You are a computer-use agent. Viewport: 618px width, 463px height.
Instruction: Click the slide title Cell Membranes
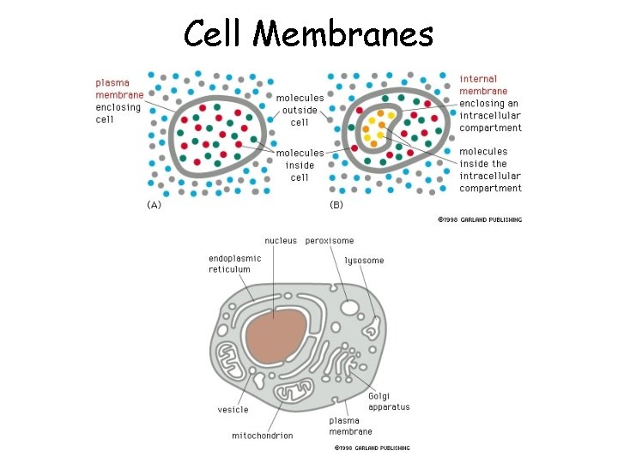coord(309,34)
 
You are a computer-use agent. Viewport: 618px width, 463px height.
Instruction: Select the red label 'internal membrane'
coord(483,85)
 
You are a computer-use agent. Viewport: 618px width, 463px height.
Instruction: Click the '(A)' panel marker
coord(153,205)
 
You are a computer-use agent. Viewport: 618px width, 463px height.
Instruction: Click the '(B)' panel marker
coord(337,205)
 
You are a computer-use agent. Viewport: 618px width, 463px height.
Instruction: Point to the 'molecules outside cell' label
coord(300,110)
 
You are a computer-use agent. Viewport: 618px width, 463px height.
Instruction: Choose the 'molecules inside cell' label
coord(300,165)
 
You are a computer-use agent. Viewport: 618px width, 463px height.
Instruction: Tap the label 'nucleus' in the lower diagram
coord(281,241)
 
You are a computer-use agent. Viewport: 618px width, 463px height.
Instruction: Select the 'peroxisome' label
coord(330,241)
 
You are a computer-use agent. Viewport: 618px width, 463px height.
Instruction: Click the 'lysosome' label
coord(364,260)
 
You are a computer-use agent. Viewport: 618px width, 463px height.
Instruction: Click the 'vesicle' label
coord(233,410)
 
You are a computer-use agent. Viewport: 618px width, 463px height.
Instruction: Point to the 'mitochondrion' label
coord(263,436)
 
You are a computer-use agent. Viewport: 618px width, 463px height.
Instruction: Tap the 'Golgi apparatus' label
coord(389,401)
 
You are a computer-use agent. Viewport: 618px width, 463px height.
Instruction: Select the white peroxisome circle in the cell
coord(350,307)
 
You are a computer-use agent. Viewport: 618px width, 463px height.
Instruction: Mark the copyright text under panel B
coord(479,219)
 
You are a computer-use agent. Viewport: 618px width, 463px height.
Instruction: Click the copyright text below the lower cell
coord(372,448)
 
